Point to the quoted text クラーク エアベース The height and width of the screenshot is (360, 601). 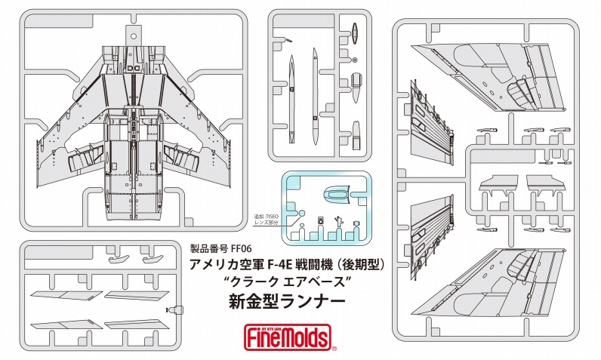click(x=286, y=282)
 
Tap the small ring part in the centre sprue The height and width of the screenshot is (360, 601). click(x=355, y=60)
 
